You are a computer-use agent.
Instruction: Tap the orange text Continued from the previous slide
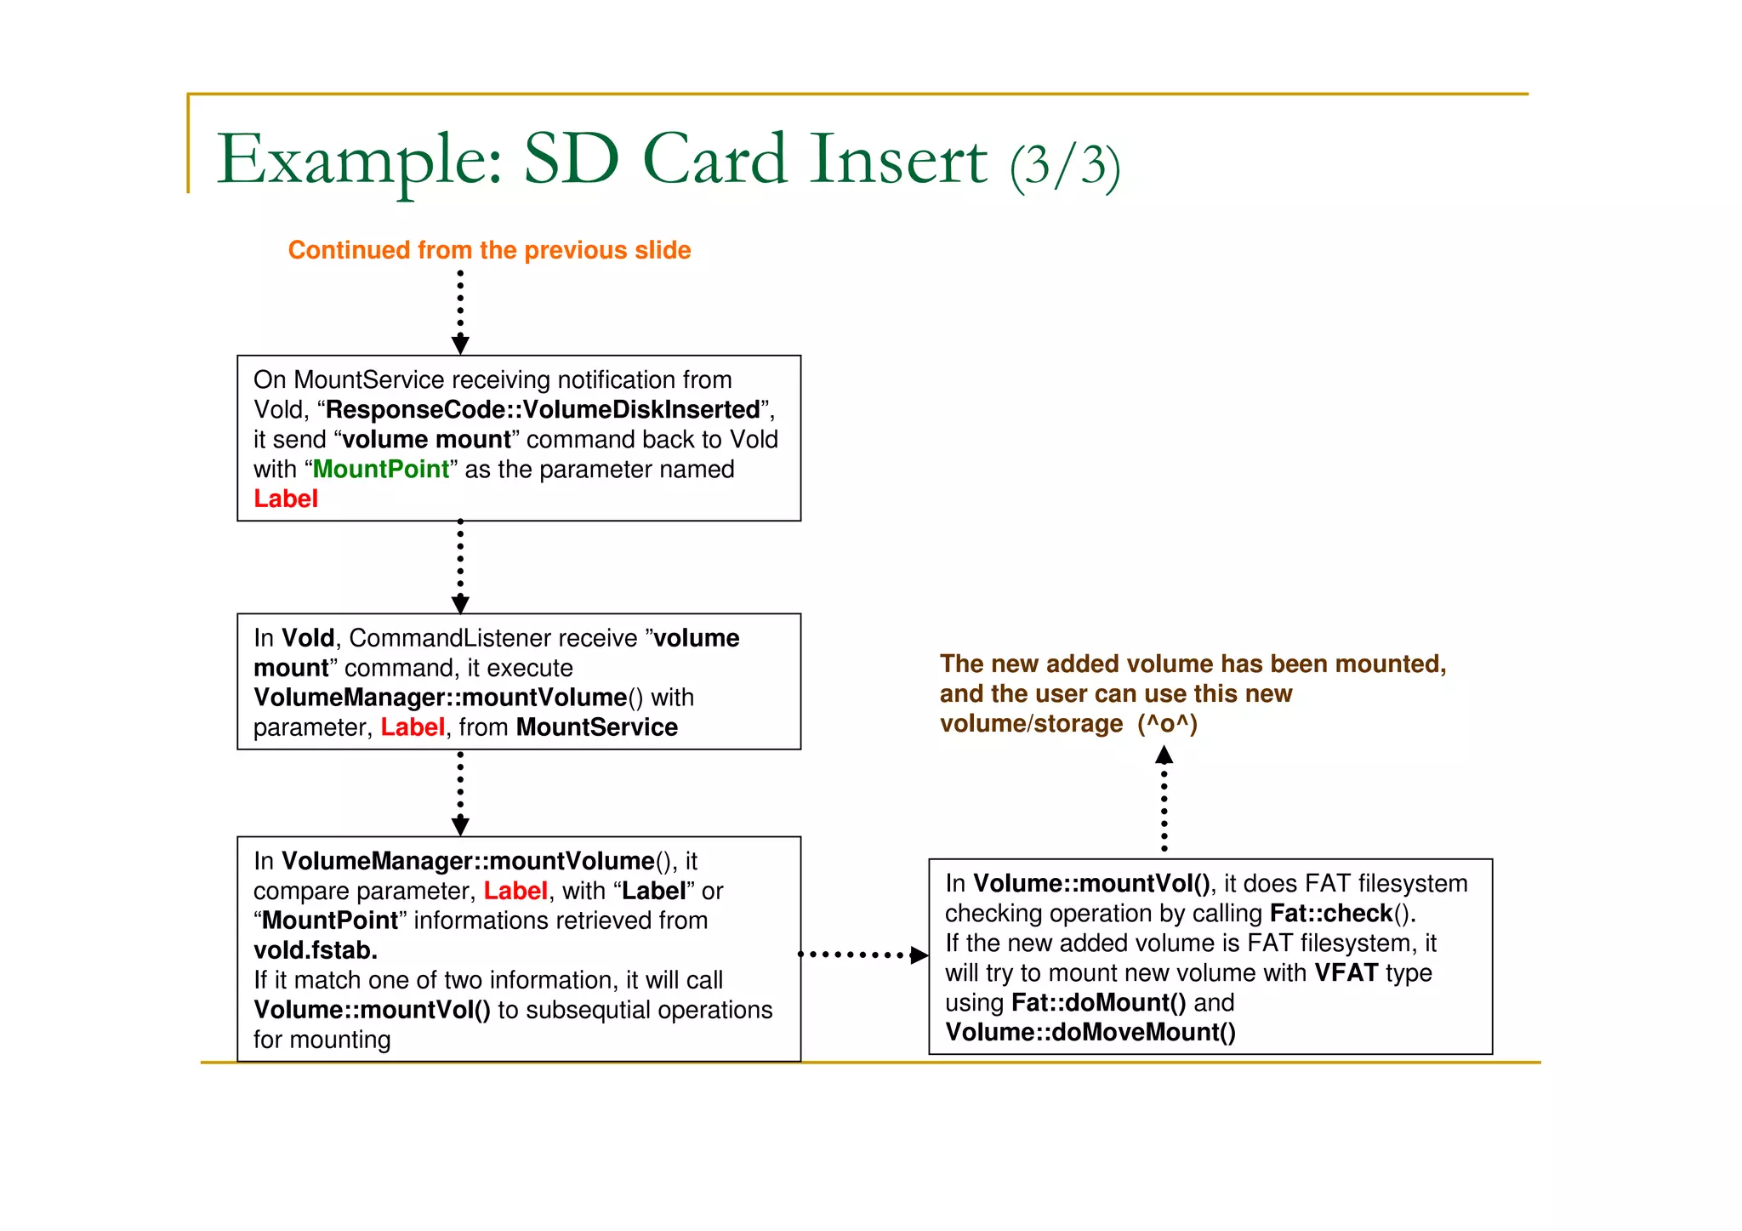point(489,250)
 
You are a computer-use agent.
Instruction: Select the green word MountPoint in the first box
point(380,470)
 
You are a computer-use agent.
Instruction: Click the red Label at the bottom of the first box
point(286,499)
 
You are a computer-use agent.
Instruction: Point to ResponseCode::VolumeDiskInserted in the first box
point(543,410)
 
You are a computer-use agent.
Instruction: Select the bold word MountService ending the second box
point(596,727)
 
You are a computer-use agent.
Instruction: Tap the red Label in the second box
point(412,727)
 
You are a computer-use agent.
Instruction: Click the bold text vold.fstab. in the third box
point(316,950)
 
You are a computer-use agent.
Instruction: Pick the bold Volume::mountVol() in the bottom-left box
point(372,1010)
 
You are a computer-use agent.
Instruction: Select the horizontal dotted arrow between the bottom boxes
point(863,955)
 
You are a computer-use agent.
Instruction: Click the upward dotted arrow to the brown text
point(1164,800)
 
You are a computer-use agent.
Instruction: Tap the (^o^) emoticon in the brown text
point(1167,724)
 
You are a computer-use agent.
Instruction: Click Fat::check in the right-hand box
point(1330,914)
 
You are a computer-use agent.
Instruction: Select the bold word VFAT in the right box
point(1346,973)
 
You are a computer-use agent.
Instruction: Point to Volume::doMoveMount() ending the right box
point(1090,1033)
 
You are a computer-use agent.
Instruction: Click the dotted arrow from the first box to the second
point(460,567)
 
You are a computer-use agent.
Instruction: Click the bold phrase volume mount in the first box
point(426,440)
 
